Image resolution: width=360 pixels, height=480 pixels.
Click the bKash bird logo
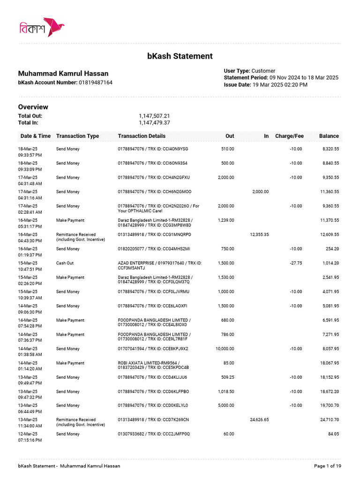click(x=53, y=27)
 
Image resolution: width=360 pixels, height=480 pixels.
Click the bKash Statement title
click(x=180, y=56)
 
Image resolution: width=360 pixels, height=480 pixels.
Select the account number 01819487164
click(x=95, y=82)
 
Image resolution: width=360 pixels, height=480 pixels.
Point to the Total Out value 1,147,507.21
click(x=154, y=116)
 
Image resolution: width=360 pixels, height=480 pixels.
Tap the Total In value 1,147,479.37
click(x=154, y=123)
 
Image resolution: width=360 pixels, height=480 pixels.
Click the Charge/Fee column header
click(x=289, y=136)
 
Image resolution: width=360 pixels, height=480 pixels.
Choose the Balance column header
click(x=329, y=136)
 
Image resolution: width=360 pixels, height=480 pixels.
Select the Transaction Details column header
click(x=142, y=136)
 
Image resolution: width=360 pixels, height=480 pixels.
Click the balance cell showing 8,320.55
click(x=330, y=149)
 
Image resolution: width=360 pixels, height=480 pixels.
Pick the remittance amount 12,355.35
click(x=259, y=234)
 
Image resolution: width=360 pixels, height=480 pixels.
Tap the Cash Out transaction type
click(x=65, y=263)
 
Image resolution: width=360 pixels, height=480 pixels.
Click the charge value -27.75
click(x=296, y=263)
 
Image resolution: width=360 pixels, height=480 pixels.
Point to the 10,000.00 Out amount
click(x=225, y=349)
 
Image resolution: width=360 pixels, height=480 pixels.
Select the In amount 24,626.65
click(x=259, y=420)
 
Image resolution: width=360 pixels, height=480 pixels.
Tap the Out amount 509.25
click(x=227, y=377)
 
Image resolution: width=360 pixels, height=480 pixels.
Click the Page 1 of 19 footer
click(x=327, y=466)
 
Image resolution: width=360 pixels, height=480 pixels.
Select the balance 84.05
click(x=333, y=434)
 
